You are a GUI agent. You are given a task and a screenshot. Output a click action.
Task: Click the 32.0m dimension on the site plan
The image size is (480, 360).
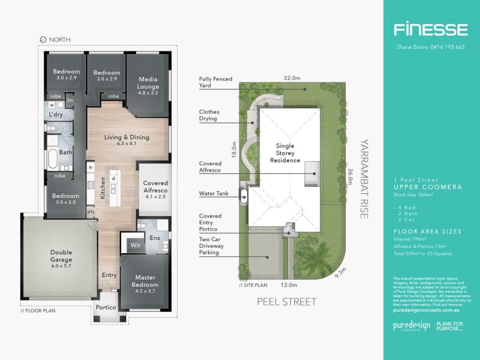292,78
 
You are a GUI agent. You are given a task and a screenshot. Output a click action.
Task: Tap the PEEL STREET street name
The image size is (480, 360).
286,301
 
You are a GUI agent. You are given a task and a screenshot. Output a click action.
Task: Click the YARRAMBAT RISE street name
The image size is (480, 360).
362,179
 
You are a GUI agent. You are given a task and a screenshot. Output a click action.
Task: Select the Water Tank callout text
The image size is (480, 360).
217,194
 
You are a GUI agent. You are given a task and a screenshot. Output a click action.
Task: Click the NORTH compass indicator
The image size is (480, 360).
55,40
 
